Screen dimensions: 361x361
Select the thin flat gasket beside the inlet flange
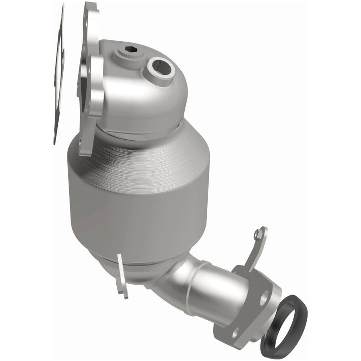[59, 75]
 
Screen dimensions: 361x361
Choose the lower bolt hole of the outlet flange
[233, 332]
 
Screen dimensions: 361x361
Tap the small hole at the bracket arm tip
[257, 233]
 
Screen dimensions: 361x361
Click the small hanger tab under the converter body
[121, 276]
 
